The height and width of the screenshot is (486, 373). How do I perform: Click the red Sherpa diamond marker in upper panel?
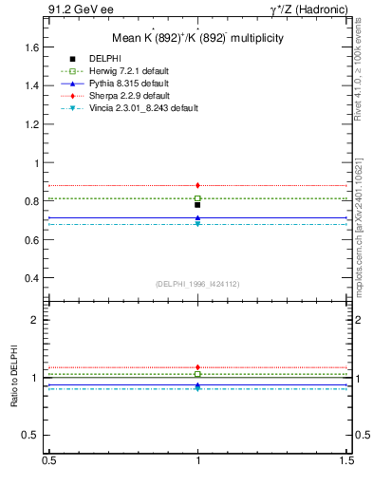tap(197, 185)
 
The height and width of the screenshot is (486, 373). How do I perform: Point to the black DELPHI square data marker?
tap(197, 204)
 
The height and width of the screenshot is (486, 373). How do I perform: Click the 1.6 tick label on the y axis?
tap(30, 47)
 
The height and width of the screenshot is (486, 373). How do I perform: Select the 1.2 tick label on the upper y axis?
tap(30, 124)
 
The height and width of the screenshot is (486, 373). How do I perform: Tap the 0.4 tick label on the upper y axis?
tap(30, 278)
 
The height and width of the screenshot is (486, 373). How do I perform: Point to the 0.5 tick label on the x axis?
tap(47, 460)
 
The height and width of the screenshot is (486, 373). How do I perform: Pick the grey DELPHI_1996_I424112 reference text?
tap(197, 284)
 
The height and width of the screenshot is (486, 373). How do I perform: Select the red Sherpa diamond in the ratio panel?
tap(197, 366)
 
